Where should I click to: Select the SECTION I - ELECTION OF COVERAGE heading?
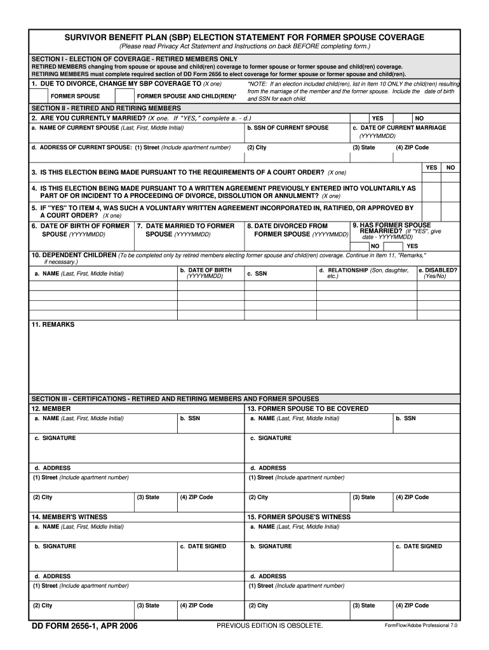[x=135, y=58]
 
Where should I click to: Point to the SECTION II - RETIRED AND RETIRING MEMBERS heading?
[x=106, y=108]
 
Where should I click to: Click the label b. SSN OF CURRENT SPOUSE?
[x=288, y=128]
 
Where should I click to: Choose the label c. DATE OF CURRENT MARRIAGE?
[x=399, y=128]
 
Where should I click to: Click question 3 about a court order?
[x=189, y=173]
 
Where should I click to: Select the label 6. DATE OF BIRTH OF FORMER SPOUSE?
[x=81, y=230]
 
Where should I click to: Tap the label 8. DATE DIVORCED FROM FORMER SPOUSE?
[x=298, y=230]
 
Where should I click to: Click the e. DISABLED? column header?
[x=438, y=273]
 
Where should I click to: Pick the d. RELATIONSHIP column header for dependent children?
[x=365, y=273]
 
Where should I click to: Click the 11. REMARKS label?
[x=53, y=324]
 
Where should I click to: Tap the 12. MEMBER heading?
[x=51, y=409]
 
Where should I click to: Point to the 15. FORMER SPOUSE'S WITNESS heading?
[x=298, y=517]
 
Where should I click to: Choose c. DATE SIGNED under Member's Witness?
[x=203, y=546]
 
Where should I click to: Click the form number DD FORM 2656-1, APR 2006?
[x=84, y=627]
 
